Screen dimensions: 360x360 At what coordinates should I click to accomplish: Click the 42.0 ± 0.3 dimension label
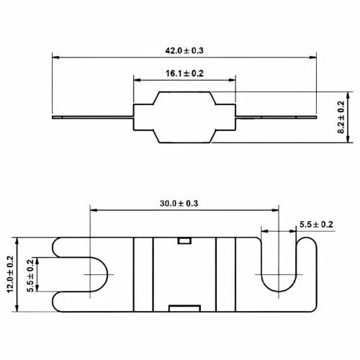[x=184, y=50]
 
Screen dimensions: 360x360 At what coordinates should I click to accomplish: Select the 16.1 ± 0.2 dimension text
[x=184, y=73]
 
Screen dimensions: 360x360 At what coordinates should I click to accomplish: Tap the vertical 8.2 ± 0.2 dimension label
[x=341, y=117]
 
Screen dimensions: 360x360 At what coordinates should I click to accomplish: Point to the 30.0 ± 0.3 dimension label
[x=179, y=204]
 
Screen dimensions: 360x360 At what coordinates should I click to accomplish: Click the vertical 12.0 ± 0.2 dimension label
[x=10, y=274]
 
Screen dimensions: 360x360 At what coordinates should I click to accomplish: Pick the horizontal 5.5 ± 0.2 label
[x=316, y=225]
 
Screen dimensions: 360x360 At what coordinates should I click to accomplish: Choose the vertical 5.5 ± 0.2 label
[x=30, y=276]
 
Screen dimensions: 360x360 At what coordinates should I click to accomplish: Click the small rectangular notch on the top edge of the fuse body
[x=184, y=240]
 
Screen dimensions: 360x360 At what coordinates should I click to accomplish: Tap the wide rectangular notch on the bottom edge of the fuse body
[x=184, y=308]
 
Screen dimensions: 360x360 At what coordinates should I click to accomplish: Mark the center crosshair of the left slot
[x=90, y=274]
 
